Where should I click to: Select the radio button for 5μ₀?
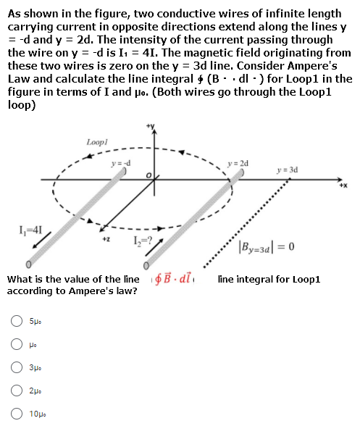click(x=17, y=321)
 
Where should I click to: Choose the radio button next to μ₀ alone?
click(x=17, y=344)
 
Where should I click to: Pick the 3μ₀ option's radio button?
click(x=17, y=367)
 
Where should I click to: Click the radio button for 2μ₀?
click(x=17, y=390)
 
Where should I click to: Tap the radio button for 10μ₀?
click(x=17, y=414)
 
